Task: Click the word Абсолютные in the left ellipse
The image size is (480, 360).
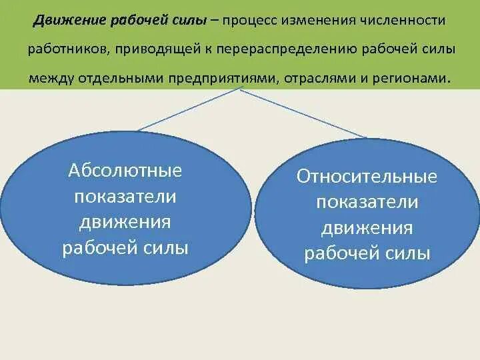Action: [125, 171]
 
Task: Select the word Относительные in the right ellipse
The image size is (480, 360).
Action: [367, 177]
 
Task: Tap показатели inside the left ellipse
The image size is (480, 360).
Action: [125, 197]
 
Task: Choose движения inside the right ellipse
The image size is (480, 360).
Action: [367, 228]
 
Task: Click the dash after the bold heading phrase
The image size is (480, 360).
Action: [215, 21]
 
